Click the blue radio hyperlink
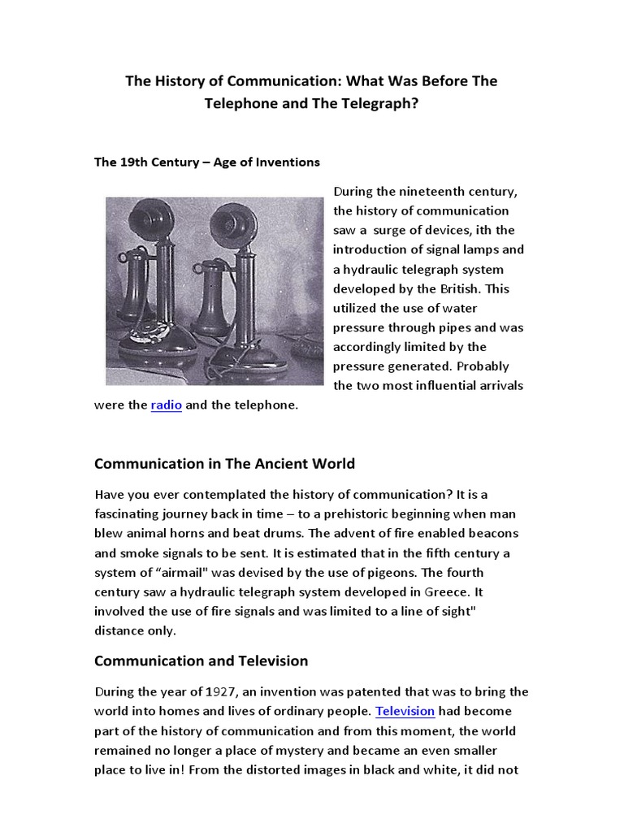(x=166, y=405)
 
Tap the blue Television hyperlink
(x=405, y=712)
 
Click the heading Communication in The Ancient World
(x=224, y=464)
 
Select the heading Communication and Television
(x=201, y=661)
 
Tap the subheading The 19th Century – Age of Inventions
(x=207, y=162)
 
